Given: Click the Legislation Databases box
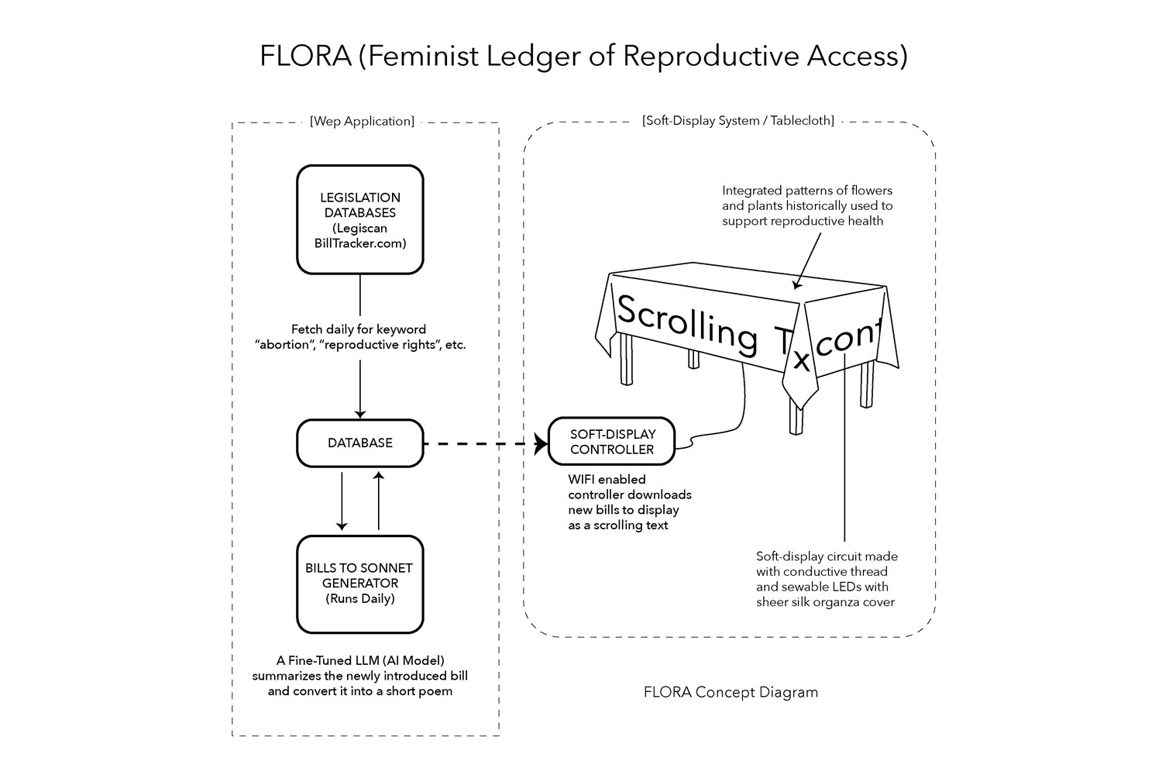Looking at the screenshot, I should (360, 219).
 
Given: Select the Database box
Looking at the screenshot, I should (360, 443).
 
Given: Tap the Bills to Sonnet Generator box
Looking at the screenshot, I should (360, 584).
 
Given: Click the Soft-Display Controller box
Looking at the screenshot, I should (611, 442).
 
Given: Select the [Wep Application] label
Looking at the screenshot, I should (362, 122).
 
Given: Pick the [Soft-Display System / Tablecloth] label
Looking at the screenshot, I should (738, 121).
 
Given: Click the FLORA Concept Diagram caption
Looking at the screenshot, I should (731, 692).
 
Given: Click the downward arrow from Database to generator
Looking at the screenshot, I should (342, 500).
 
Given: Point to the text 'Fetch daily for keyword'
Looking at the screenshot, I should (359, 329).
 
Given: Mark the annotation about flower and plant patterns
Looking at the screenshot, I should (807, 205).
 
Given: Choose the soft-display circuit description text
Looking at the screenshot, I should (827, 579).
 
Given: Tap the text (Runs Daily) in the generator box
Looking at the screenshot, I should (360, 599).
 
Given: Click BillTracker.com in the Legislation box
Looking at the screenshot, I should (360, 243).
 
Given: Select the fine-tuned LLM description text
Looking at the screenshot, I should (360, 676).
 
